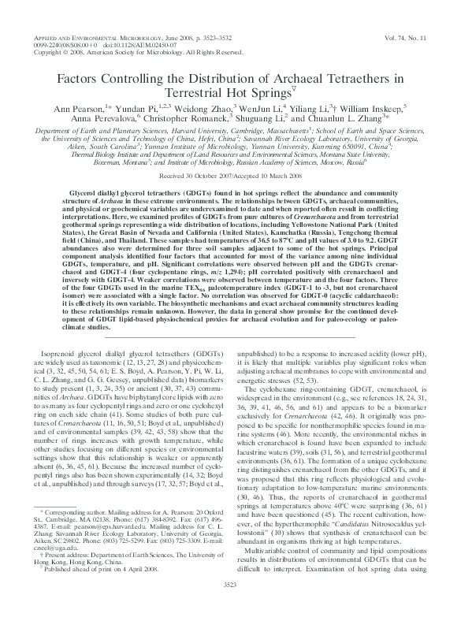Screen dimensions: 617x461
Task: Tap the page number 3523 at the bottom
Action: tap(230, 605)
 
